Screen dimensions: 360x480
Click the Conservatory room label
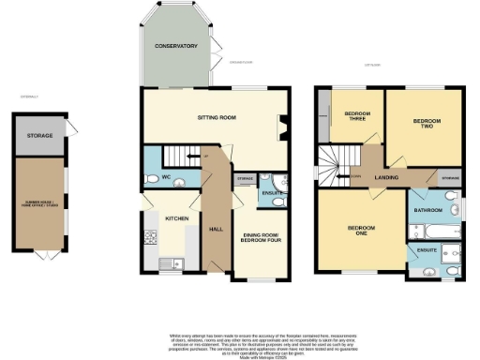(176, 46)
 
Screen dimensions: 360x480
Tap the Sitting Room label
(215, 118)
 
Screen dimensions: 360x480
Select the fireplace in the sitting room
(281, 124)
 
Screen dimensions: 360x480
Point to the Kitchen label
(178, 217)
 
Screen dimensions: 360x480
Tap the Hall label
(216, 228)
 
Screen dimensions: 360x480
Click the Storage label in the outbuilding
(39, 136)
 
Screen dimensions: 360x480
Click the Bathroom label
(428, 211)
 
